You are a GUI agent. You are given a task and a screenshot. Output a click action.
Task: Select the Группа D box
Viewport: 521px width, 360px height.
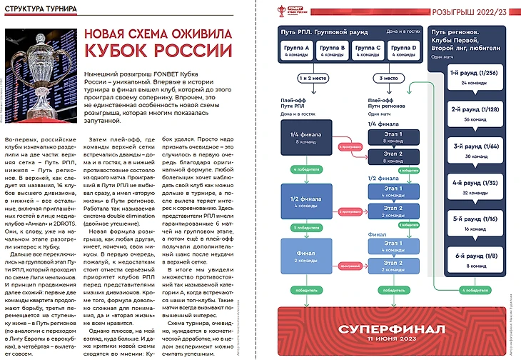(405, 50)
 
